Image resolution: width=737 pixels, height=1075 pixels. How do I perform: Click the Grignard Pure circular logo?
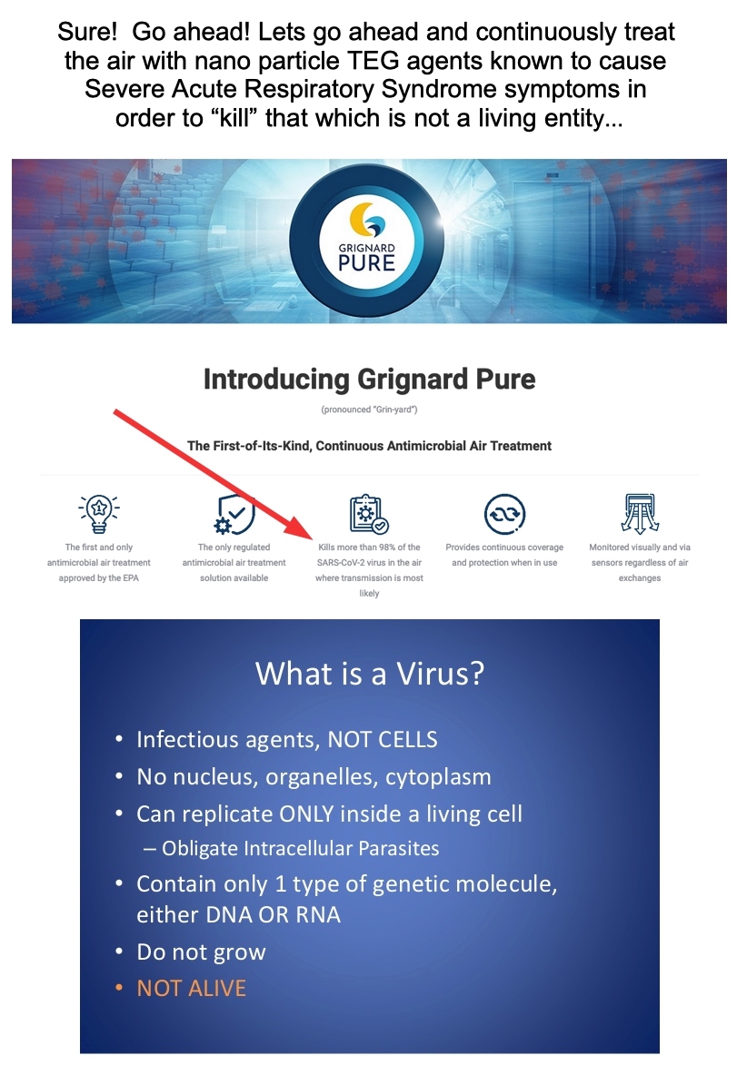point(366,242)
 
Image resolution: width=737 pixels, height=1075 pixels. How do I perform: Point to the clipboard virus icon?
point(369,514)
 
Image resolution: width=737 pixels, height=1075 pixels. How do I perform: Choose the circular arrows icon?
point(504,514)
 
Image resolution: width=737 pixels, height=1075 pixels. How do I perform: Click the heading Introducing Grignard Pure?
point(369,380)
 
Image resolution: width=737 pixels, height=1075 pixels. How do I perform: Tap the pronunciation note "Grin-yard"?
point(369,409)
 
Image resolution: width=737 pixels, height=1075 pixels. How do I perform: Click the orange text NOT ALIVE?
point(191,988)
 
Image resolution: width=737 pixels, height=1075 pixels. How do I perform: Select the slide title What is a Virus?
point(369,674)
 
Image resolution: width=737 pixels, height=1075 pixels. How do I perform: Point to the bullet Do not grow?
point(200,952)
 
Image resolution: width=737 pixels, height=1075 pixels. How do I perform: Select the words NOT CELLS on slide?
point(383,739)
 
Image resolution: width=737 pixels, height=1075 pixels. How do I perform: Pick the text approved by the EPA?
point(99,578)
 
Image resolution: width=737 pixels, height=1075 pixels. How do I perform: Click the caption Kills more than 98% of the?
point(369,547)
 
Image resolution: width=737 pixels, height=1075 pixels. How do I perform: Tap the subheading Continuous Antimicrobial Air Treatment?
point(433,446)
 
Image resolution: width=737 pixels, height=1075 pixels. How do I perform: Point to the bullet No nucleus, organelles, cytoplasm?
point(314,777)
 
